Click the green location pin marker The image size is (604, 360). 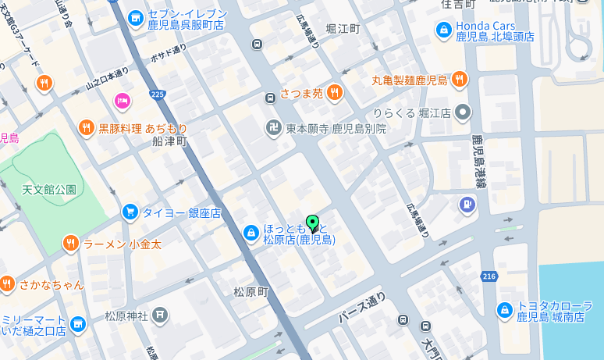tap(313, 223)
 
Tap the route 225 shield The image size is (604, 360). tap(158, 94)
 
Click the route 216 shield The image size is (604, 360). tap(489, 276)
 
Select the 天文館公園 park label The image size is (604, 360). tap(49, 189)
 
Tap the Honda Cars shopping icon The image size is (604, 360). tap(443, 30)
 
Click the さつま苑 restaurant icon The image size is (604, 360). tap(335, 93)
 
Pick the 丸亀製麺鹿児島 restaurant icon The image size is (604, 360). tap(460, 79)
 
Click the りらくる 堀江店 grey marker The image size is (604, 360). tap(464, 112)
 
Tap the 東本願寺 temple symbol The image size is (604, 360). tap(273, 128)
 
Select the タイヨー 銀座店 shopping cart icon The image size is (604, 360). tap(130, 212)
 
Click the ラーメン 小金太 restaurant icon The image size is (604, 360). tap(70, 244)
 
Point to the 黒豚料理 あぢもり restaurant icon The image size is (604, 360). tap(86, 127)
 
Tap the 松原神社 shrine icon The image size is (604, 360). tap(160, 315)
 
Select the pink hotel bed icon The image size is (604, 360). tap(122, 100)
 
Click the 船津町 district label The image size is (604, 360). tap(171, 141)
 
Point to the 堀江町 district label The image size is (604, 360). tap(343, 29)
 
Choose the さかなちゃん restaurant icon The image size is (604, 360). tap(8, 284)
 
